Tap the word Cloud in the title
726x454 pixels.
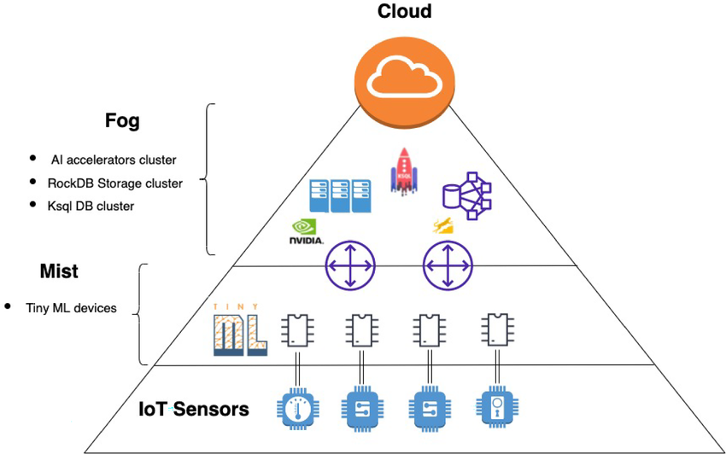pos(404,12)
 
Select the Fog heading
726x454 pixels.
pos(123,121)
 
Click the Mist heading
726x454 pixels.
pos(59,271)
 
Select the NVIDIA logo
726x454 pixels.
pos(307,233)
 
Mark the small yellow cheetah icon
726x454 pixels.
pos(443,226)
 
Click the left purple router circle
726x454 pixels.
pos(350,265)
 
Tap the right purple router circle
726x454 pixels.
pos(448,265)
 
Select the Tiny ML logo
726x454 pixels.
pos(239,329)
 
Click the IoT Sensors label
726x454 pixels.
pos(194,410)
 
